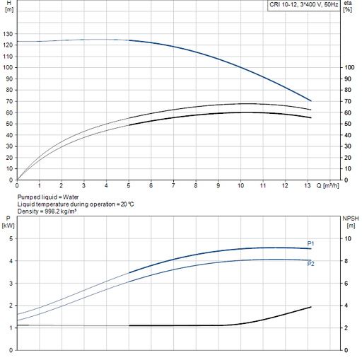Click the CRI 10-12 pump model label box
click(303, 5)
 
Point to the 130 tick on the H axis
click(8, 34)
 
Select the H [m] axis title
click(9, 6)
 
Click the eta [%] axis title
click(348, 6)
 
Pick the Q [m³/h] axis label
click(327, 186)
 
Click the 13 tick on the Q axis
click(308, 186)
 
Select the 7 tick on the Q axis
click(173, 186)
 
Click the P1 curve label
click(310, 243)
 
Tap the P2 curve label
click(310, 264)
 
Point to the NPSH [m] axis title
click(351, 222)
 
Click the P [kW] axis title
click(8, 222)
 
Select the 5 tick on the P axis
click(11, 238)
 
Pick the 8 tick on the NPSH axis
click(346, 261)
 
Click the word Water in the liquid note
click(71, 197)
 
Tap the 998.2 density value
click(52, 211)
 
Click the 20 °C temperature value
click(127, 204)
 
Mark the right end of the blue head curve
click(311, 101)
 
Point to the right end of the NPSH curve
click(311, 307)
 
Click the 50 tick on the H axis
click(9, 124)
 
